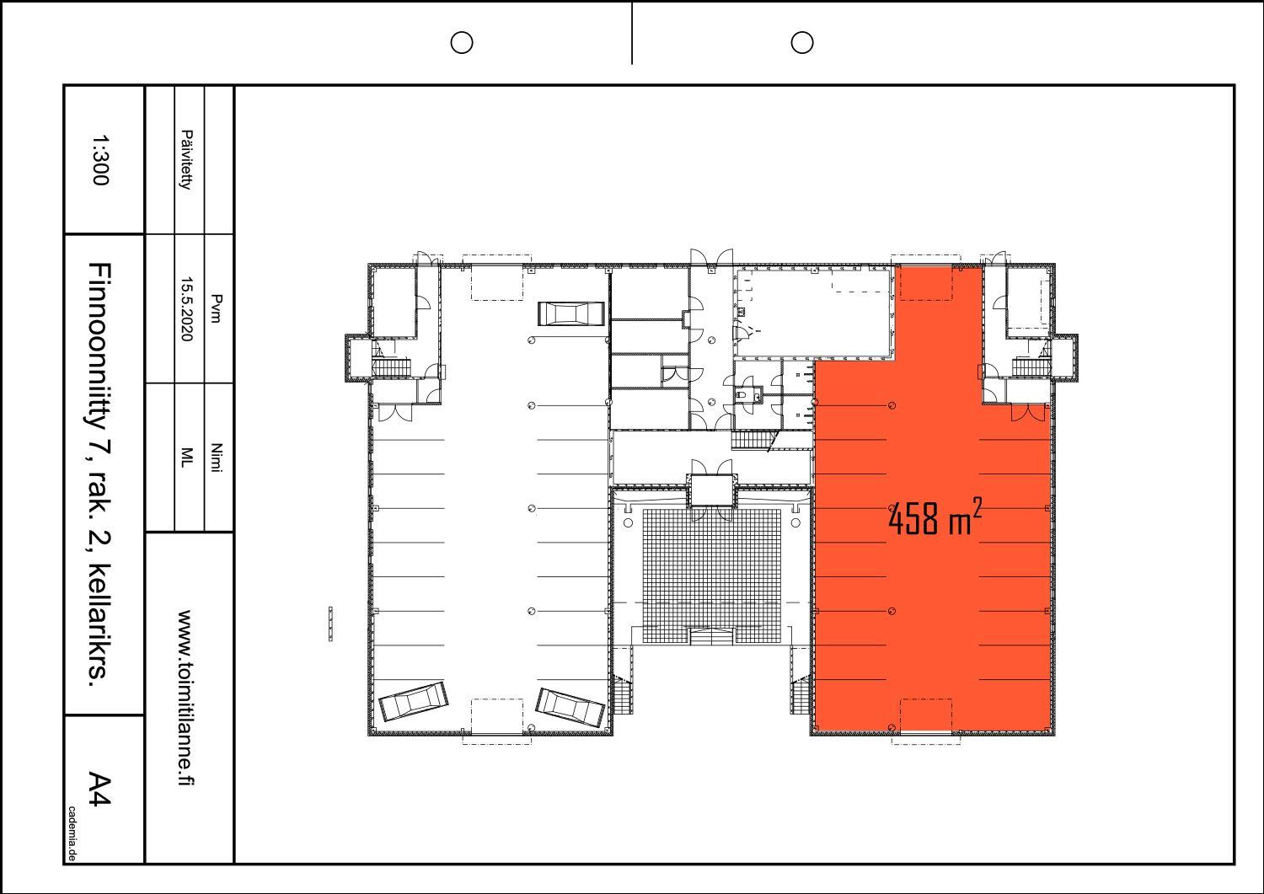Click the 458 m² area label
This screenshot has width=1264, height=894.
click(x=935, y=517)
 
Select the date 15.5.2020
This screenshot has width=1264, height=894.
click(x=187, y=308)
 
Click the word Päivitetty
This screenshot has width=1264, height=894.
click(x=187, y=160)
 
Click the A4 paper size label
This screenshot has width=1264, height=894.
click(x=100, y=790)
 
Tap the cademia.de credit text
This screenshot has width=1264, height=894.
click(x=72, y=833)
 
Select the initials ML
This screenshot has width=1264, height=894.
click(x=187, y=458)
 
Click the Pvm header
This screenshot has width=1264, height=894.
click(x=216, y=308)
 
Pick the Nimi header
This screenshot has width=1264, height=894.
click(x=216, y=458)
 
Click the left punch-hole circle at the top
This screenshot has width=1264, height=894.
click(x=462, y=42)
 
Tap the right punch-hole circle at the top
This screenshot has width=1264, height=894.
click(x=802, y=42)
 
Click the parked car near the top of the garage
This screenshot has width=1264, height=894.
click(x=571, y=313)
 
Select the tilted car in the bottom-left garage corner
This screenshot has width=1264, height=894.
click(x=414, y=701)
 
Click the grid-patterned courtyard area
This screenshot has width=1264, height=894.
click(x=711, y=575)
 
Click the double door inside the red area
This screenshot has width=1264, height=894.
click(x=1027, y=413)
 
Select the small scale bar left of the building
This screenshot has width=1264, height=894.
click(x=330, y=624)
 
